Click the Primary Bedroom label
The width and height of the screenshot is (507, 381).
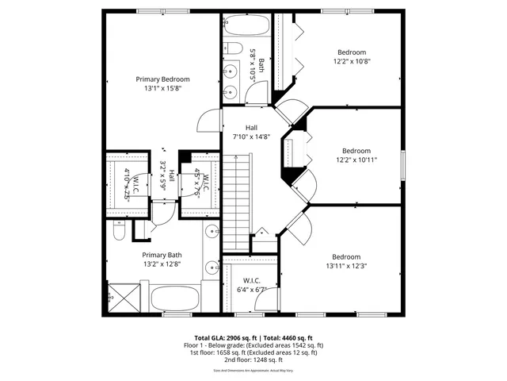tap(162, 79)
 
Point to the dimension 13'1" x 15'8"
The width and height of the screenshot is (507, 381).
tap(162, 89)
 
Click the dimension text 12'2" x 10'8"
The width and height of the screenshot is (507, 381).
tap(352, 61)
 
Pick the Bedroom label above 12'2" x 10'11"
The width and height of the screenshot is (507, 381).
tap(356, 151)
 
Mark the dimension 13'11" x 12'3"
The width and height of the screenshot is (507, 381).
tap(346, 266)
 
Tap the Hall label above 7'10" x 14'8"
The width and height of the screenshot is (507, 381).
tap(251, 128)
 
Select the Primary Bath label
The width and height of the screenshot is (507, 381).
tap(162, 255)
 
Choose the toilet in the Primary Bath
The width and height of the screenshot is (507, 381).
tap(120, 232)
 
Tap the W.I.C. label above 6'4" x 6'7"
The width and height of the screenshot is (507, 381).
tap(252, 280)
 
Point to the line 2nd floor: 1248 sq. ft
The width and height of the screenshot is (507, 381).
tap(253, 360)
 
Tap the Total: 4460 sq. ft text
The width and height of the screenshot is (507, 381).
tap(287, 337)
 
